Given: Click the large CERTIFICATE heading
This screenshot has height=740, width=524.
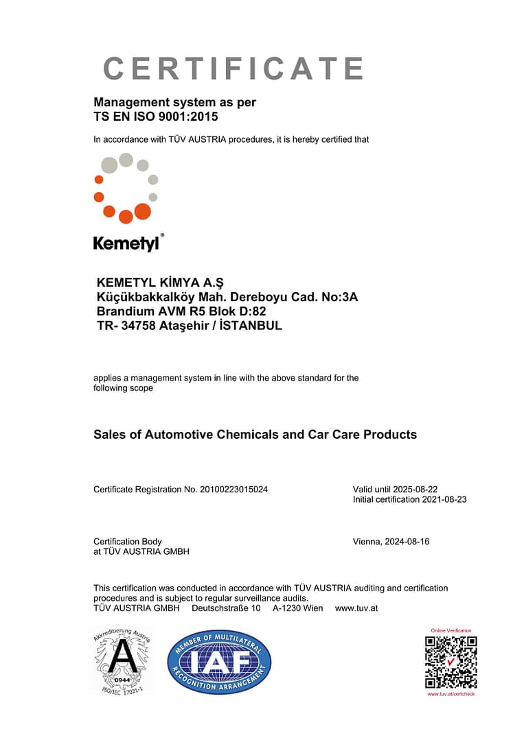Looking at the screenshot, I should pyautogui.click(x=233, y=69).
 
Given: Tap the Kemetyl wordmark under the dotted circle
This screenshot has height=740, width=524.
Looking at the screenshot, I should pyautogui.click(x=126, y=243).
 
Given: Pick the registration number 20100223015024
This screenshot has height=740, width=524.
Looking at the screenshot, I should pyautogui.click(x=233, y=489).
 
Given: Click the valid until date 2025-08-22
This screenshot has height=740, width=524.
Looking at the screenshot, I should pyautogui.click(x=415, y=489).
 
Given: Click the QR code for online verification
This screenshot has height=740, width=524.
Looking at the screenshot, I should pyautogui.click(x=451, y=662).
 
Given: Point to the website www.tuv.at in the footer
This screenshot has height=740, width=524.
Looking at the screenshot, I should pyautogui.click(x=356, y=608).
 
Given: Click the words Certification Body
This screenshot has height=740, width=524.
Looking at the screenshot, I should pyautogui.click(x=128, y=542).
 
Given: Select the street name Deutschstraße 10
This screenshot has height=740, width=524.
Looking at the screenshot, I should pyautogui.click(x=226, y=608).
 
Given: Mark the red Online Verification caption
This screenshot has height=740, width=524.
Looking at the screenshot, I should pyautogui.click(x=451, y=630).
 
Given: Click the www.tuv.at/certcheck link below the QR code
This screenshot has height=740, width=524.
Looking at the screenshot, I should pyautogui.click(x=451, y=694).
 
